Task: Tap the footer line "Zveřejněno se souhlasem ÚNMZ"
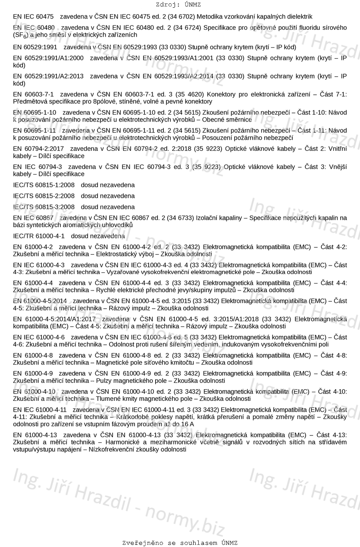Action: tap(179, 543)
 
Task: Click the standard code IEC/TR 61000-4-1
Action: tap(39, 236)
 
